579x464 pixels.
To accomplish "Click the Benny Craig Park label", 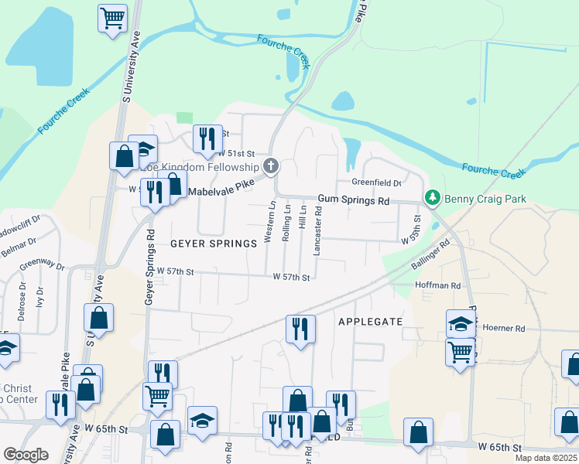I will tap(485, 199).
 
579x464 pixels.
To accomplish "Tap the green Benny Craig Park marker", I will tap(433, 199).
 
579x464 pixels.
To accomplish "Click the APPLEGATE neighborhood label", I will tap(370, 321).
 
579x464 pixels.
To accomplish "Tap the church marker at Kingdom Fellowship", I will tap(271, 165).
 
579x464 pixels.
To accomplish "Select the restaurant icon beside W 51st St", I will tap(207, 138).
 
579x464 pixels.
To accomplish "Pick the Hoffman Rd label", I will tap(438, 285).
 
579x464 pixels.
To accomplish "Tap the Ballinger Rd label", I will tap(430, 258).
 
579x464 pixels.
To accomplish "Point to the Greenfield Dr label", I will tap(377, 183).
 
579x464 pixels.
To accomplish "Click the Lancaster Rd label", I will tap(317, 230).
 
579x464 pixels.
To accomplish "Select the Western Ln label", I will tap(271, 223).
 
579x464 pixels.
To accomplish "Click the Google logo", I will tap(26, 455).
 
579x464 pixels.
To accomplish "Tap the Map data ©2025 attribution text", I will tap(546, 458).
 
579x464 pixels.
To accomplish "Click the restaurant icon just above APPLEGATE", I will tap(300, 328).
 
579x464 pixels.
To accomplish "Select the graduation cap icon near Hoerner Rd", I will tap(461, 322).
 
